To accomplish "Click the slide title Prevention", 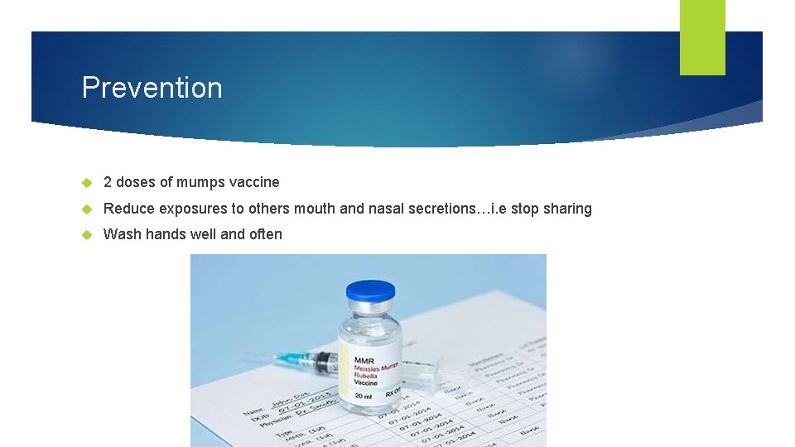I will pyautogui.click(x=152, y=88).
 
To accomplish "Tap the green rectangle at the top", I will pyautogui.click(x=702, y=36).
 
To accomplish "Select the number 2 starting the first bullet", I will pyautogui.click(x=108, y=182).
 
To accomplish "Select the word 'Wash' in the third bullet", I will pyautogui.click(x=122, y=234).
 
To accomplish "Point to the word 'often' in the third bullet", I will pyautogui.click(x=265, y=234).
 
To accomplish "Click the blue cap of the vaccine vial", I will pyautogui.click(x=370, y=291).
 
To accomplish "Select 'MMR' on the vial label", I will pyautogui.click(x=364, y=360).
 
